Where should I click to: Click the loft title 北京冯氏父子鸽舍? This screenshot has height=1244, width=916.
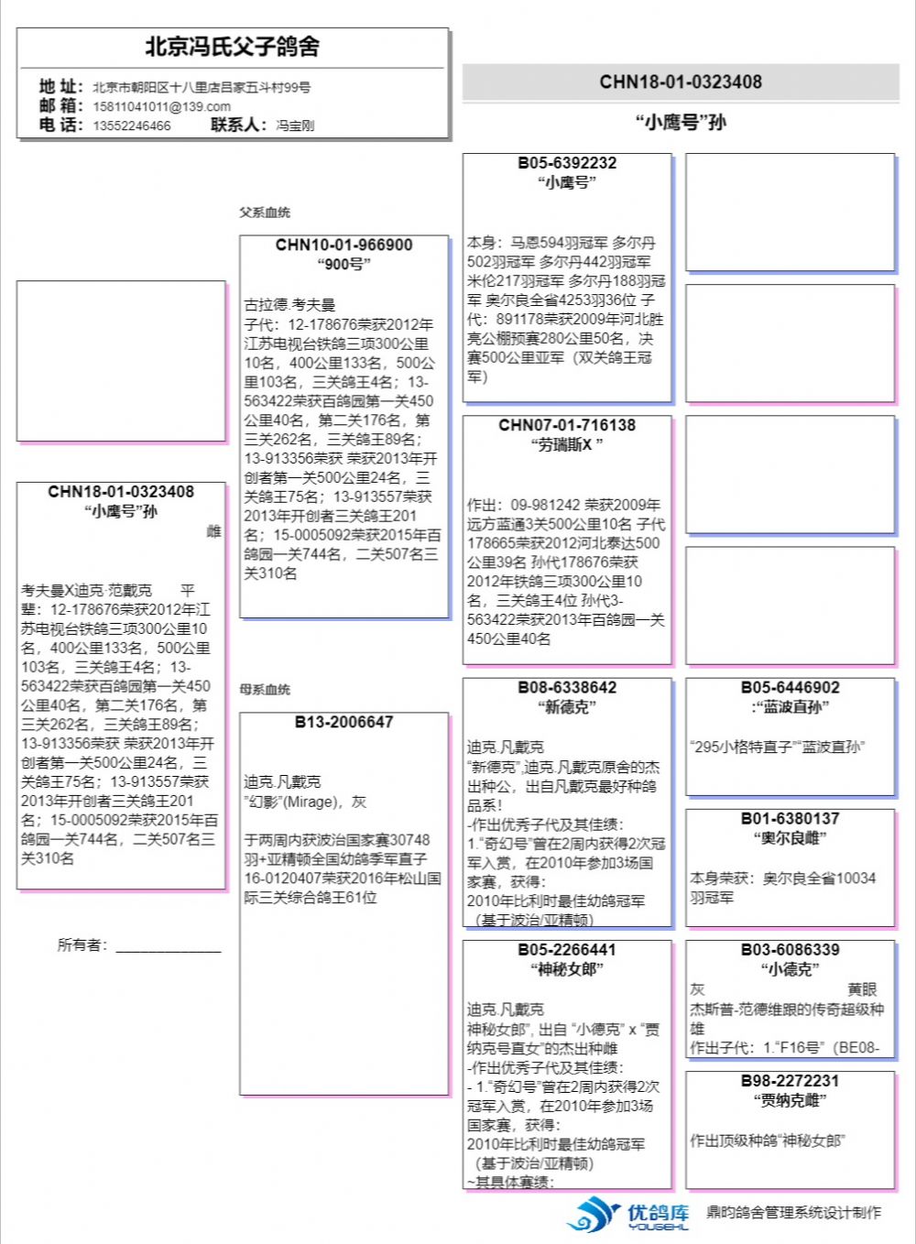click(x=232, y=47)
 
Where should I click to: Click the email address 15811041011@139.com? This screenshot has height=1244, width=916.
click(x=161, y=106)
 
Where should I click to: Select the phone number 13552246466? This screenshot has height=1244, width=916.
click(x=131, y=125)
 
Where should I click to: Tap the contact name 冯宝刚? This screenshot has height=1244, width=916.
click(x=295, y=125)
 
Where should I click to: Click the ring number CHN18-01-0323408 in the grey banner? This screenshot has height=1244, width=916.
click(x=681, y=82)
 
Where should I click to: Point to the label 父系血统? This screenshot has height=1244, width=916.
click(x=265, y=213)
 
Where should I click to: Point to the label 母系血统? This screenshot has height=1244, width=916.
click(x=265, y=689)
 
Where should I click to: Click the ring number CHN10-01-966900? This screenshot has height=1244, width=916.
click(x=343, y=246)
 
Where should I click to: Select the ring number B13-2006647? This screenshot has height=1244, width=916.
click(x=343, y=722)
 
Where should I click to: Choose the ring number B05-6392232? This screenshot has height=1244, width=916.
click(x=567, y=163)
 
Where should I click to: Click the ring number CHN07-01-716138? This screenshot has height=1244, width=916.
click(x=567, y=425)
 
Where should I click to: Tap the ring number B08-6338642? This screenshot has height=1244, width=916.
click(x=567, y=688)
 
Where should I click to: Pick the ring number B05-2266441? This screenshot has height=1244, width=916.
click(x=567, y=950)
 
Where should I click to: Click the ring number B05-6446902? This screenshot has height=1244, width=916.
click(x=790, y=688)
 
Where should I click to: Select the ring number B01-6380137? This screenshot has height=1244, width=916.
click(x=790, y=819)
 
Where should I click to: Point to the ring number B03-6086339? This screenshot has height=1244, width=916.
click(x=790, y=950)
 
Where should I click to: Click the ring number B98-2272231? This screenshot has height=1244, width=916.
click(x=790, y=1081)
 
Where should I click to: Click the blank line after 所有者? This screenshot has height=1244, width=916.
click(x=169, y=947)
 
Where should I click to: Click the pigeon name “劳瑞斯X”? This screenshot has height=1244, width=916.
click(x=567, y=445)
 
